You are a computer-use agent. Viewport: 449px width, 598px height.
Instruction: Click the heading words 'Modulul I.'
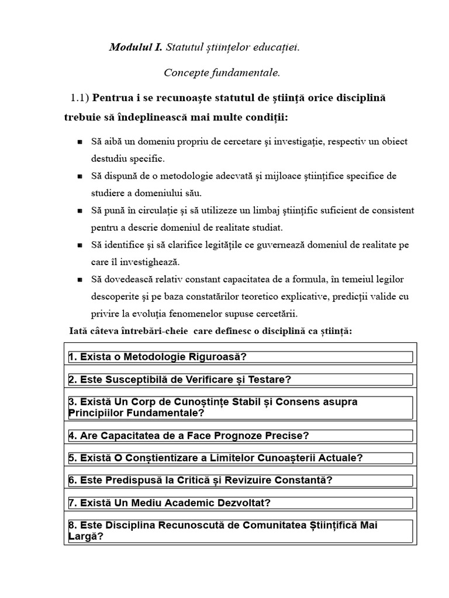pyautogui.click(x=136, y=47)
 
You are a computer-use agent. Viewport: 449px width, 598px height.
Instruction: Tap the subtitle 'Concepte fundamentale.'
pyautogui.click(x=222, y=73)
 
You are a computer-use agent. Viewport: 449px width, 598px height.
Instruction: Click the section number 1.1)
pyautogui.click(x=80, y=97)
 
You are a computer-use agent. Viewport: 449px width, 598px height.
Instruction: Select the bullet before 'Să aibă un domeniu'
pyautogui.click(x=80, y=142)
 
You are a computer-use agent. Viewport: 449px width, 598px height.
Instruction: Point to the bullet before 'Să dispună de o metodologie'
pyautogui.click(x=80, y=176)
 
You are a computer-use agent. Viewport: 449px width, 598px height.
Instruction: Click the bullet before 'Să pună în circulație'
pyautogui.click(x=80, y=210)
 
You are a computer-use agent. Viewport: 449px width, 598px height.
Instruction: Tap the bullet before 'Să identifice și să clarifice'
pyautogui.click(x=80, y=245)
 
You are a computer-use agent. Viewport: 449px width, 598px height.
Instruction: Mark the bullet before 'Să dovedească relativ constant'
pyautogui.click(x=80, y=279)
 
